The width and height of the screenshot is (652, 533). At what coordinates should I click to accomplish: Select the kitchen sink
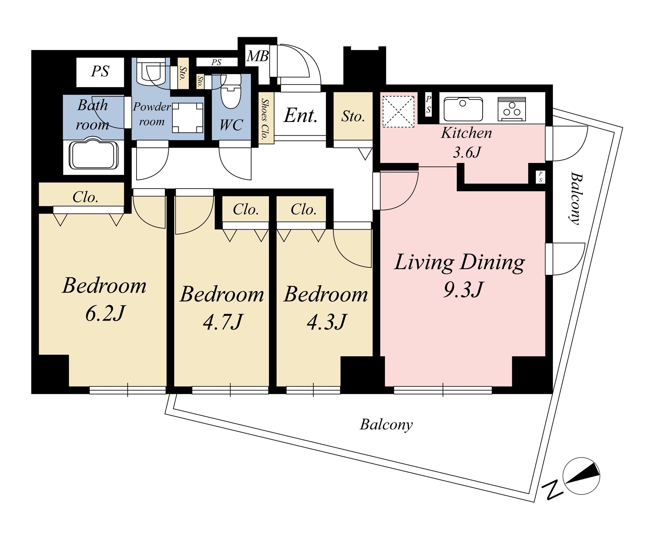(463, 109)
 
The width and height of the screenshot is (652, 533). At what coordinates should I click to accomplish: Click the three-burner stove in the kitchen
(512, 109)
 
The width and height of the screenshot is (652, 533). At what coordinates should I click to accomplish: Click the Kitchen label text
(466, 133)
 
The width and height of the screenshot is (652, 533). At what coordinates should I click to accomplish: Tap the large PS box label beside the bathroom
(100, 71)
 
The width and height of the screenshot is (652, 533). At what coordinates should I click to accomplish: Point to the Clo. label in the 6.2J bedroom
(85, 197)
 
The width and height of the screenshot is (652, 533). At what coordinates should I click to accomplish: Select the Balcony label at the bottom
(386, 425)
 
